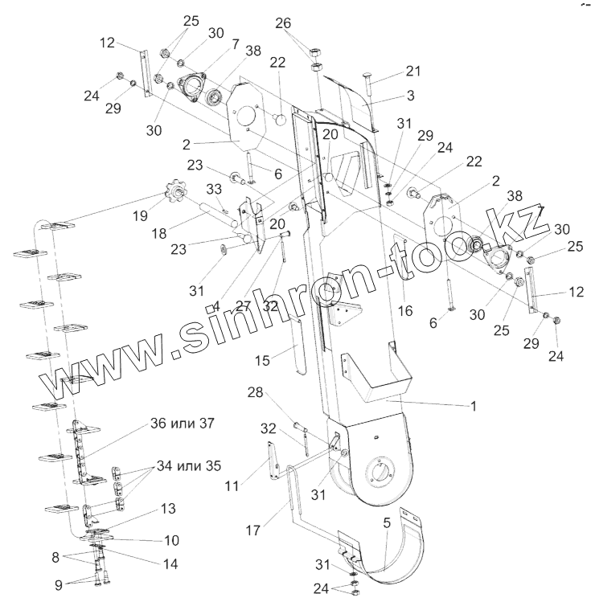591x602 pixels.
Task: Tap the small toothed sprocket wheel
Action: pos(172,195)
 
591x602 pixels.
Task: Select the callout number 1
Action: pos(474,407)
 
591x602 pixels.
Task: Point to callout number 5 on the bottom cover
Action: pos(387,522)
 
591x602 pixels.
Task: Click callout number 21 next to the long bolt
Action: pos(412,70)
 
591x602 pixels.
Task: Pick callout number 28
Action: pos(256,391)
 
